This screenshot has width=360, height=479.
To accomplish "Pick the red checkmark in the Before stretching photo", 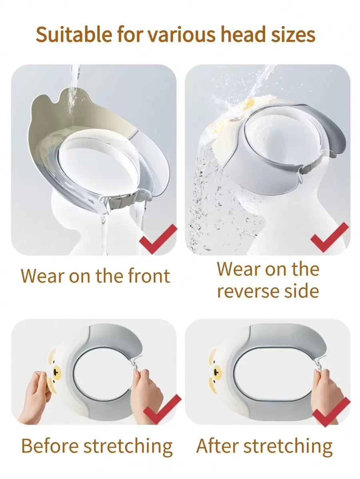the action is click(162, 409).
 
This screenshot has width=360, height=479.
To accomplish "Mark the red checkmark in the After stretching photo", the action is click(332, 411).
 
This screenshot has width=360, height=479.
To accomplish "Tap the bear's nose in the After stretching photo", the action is click(217, 371).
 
